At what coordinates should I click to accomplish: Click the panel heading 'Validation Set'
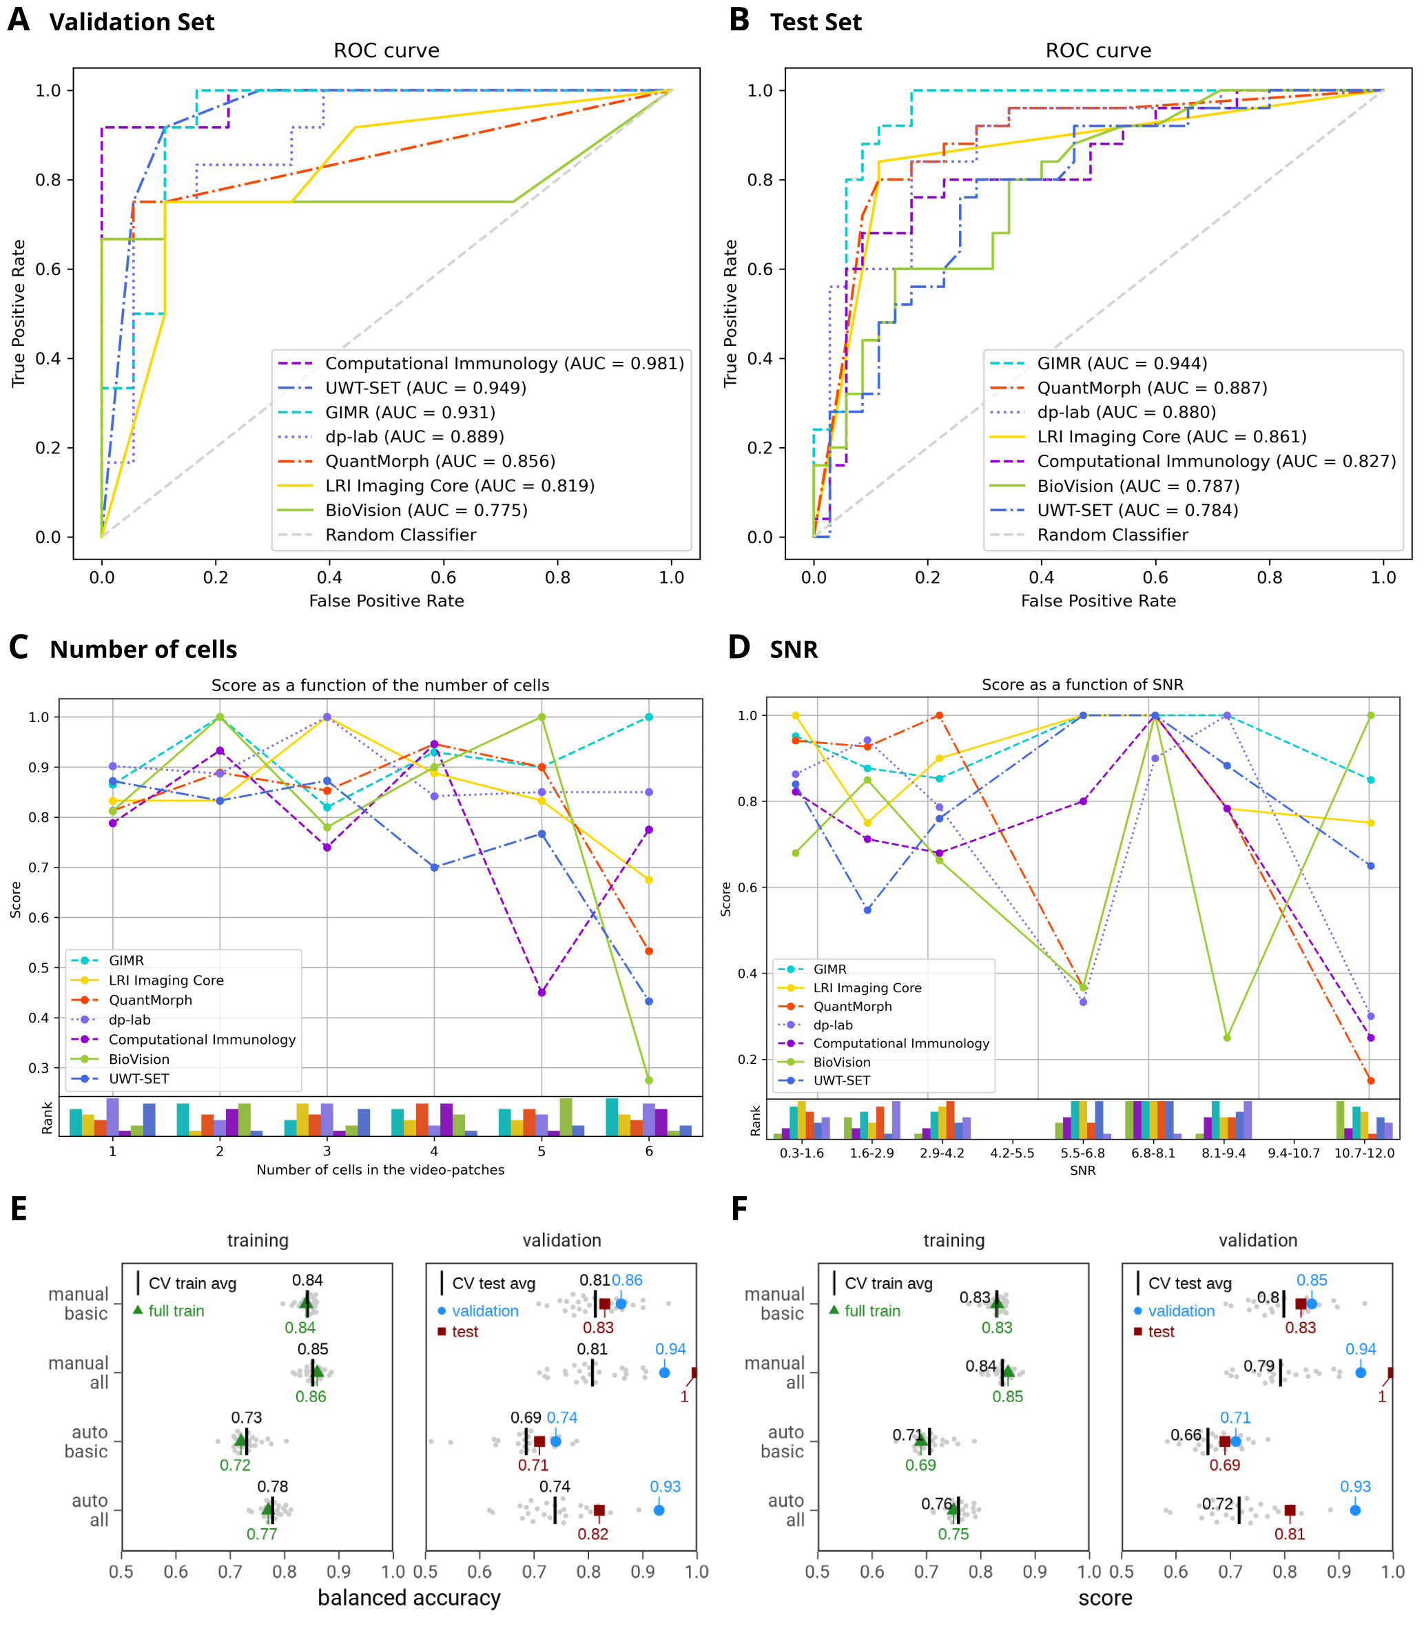point(132,22)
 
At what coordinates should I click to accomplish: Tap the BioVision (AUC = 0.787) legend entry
point(1137,486)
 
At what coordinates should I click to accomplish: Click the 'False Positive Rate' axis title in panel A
point(386,601)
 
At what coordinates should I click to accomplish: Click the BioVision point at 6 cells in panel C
point(649,1080)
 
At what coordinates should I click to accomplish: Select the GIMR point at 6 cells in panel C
point(649,717)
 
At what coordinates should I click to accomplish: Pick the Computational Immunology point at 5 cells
point(542,992)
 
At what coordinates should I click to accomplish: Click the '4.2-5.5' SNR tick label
point(1013,1153)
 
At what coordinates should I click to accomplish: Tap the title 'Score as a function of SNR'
point(1082,685)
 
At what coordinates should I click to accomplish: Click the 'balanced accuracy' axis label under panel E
point(409,1598)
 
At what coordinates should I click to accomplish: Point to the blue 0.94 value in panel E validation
point(671,1349)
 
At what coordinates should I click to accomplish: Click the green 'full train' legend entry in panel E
point(176,1311)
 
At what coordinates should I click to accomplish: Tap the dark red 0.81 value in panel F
point(1290,1534)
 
